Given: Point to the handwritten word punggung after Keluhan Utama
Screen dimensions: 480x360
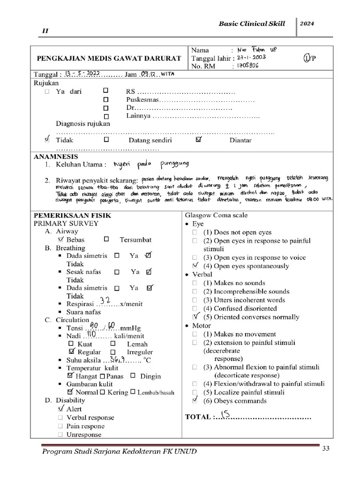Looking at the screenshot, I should pos(167,164).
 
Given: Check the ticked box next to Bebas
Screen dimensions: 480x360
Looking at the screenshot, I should pos(60,239).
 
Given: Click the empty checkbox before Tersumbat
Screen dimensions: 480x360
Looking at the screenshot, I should pos(106,239).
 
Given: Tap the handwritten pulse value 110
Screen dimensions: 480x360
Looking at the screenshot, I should pos(92,335).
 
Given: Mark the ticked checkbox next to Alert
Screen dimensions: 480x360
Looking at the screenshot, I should pos(61,409).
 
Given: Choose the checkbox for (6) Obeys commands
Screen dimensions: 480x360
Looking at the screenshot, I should pos(195,400).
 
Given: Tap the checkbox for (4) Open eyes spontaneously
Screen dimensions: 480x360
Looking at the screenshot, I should pos(195,266).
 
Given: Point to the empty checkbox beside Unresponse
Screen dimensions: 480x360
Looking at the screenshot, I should pos(60,435).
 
